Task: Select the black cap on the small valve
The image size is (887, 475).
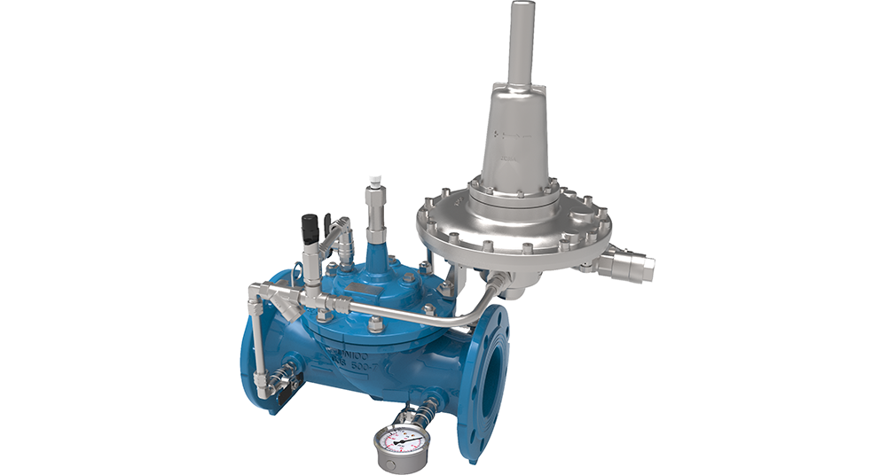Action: click(x=310, y=229)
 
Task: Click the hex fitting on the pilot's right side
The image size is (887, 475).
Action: click(x=633, y=264)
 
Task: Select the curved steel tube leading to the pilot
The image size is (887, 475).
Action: click(x=461, y=316)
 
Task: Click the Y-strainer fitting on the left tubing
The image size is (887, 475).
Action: click(x=287, y=301)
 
